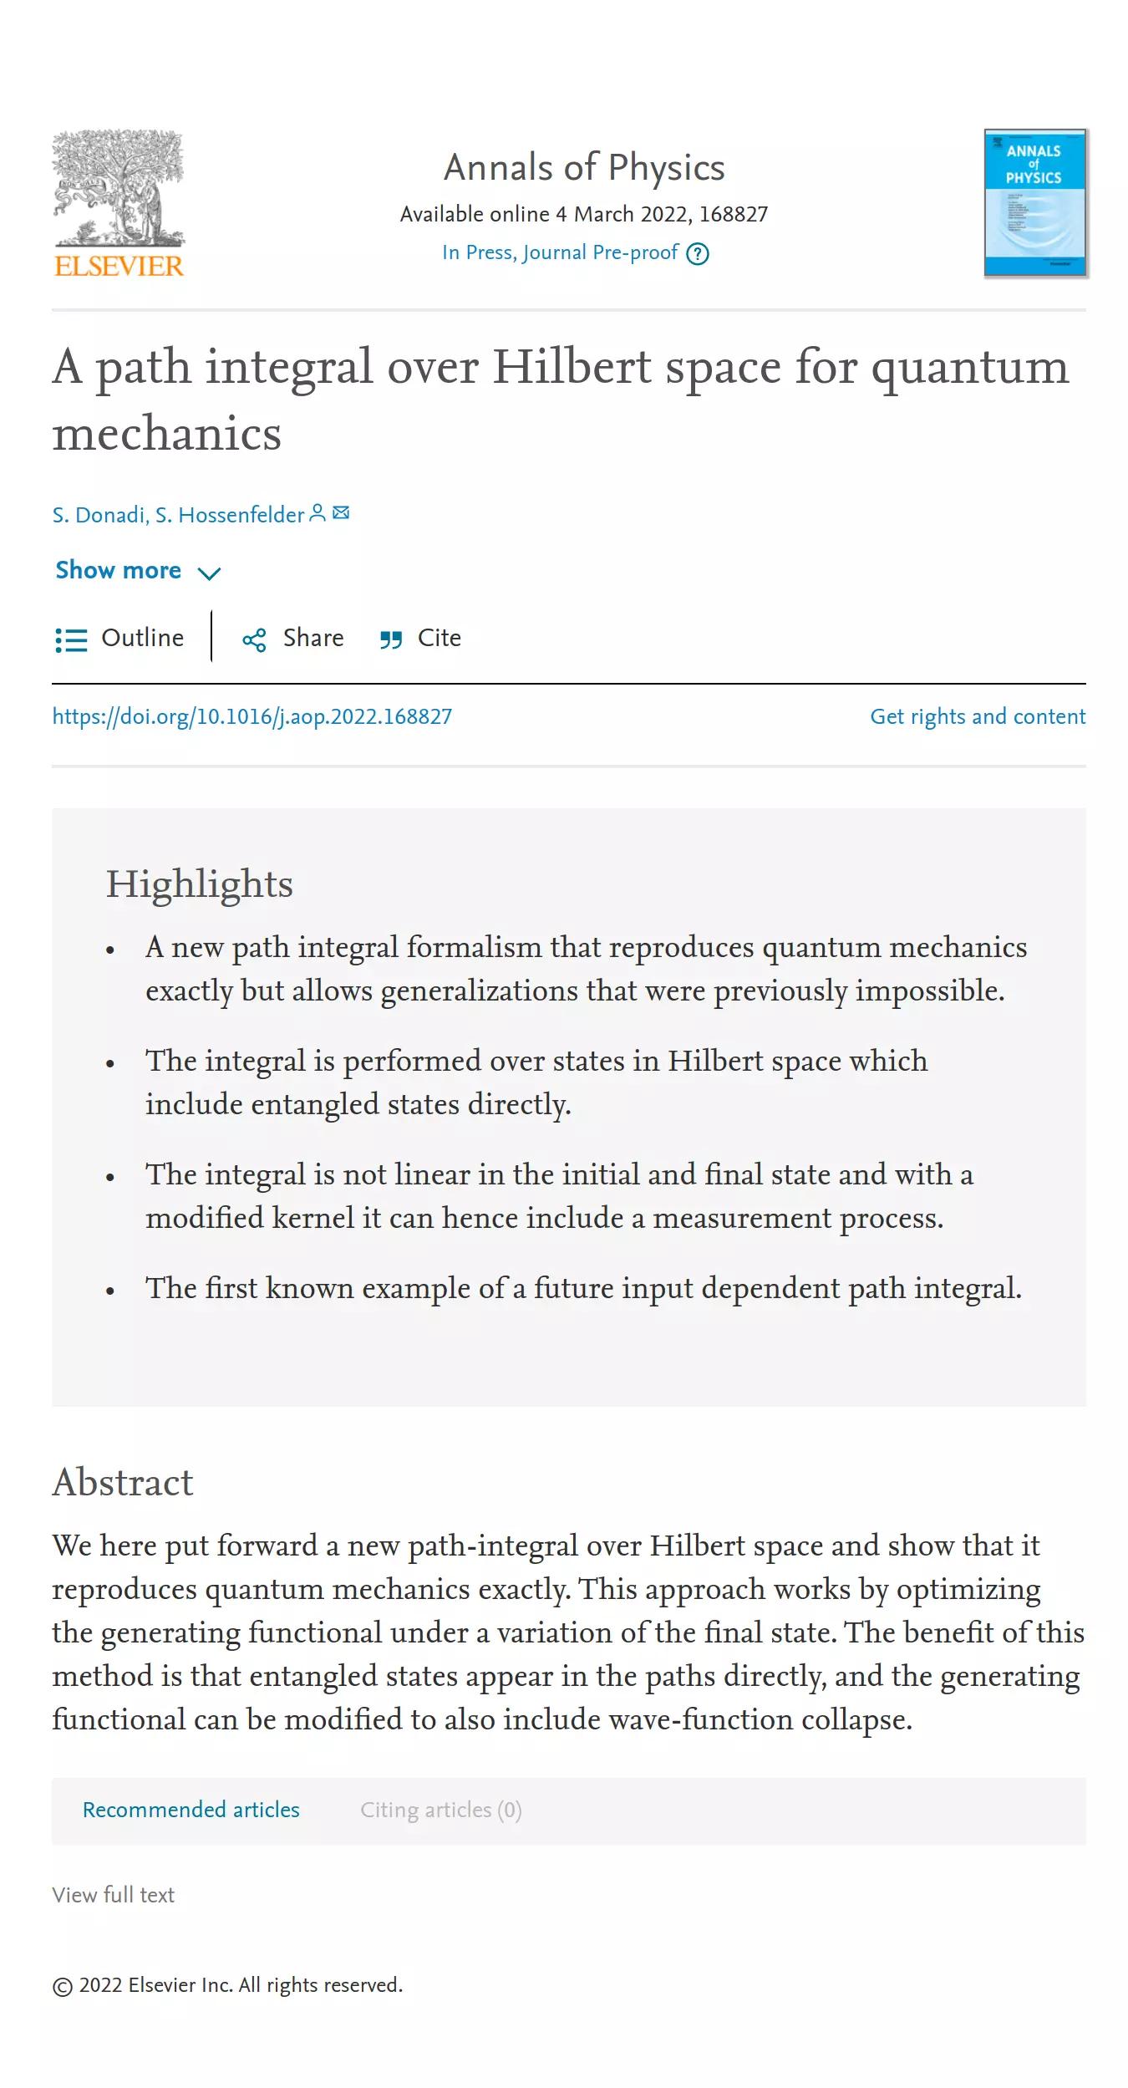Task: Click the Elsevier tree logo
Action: [x=119, y=203]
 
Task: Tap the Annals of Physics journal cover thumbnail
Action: [x=1035, y=203]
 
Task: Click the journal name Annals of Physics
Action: [x=584, y=168]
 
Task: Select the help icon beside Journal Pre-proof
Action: [x=698, y=254]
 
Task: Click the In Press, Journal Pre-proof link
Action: [x=560, y=253]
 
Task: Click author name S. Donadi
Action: [x=99, y=515]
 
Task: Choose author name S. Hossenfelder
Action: [x=230, y=515]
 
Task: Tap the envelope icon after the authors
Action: [x=341, y=513]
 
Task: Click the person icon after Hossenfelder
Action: [x=318, y=513]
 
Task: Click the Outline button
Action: [x=120, y=639]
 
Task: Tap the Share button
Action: [x=293, y=639]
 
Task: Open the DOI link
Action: [x=252, y=717]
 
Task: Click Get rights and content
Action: [x=978, y=717]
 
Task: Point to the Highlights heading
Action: [x=200, y=884]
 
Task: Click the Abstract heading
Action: [x=123, y=1483]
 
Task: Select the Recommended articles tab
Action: [x=191, y=1810]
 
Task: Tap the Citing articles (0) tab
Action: [x=441, y=1810]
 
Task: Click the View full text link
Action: [x=114, y=1895]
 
